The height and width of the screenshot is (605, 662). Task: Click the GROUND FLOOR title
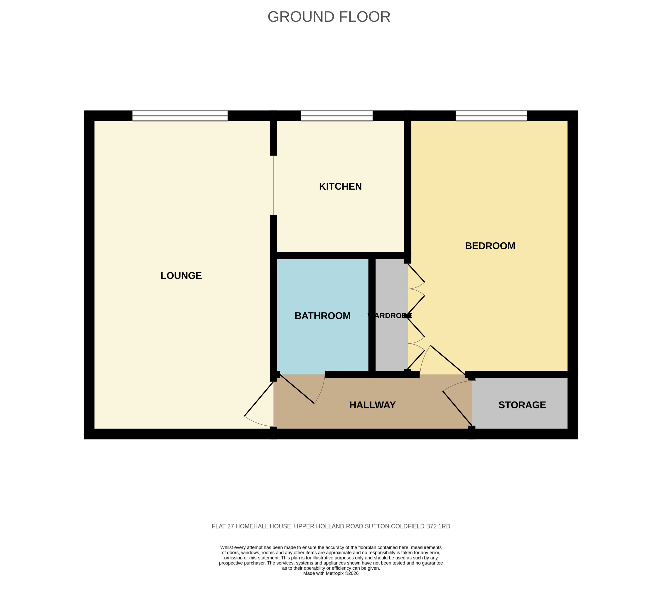(329, 17)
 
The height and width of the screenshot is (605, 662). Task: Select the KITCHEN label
(340, 186)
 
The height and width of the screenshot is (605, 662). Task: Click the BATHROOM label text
(322, 316)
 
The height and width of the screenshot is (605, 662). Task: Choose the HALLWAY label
(372, 405)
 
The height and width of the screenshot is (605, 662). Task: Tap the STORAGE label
(522, 405)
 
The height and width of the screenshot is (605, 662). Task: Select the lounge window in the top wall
(180, 116)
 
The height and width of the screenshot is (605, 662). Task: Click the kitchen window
(337, 116)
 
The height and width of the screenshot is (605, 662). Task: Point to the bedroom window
(491, 116)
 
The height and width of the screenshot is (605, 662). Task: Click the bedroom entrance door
(448, 360)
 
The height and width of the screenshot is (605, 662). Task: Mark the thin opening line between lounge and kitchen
(274, 185)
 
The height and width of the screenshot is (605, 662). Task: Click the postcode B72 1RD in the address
(438, 526)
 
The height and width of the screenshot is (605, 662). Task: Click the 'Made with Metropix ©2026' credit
(331, 573)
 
